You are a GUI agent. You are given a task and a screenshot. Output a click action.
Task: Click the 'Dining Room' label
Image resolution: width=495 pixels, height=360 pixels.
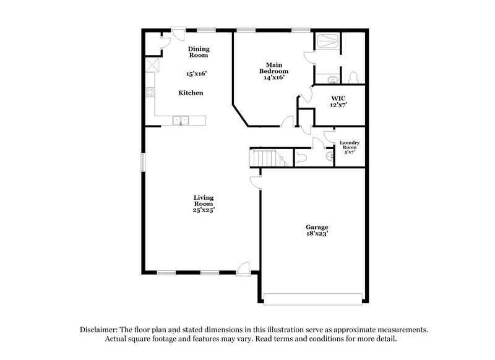click(x=199, y=52)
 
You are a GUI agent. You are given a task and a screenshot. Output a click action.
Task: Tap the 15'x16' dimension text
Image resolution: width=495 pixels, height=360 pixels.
click(x=196, y=74)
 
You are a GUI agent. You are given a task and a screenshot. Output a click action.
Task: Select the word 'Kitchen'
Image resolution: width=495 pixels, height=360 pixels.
click(x=191, y=93)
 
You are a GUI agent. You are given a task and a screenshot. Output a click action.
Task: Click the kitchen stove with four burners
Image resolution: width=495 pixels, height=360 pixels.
click(x=150, y=93)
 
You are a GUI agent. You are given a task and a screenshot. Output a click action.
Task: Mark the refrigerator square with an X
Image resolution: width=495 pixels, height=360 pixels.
click(x=152, y=66)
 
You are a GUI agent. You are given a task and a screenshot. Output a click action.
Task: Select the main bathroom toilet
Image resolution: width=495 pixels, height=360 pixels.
click(x=354, y=77)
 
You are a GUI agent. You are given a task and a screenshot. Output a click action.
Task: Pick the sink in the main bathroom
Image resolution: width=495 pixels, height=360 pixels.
click(x=332, y=79)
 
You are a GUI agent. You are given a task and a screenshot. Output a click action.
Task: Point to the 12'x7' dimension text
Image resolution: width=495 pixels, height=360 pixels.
click(x=338, y=105)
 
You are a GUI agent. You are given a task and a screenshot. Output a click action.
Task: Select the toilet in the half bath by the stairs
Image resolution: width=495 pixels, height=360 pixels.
click(x=303, y=158)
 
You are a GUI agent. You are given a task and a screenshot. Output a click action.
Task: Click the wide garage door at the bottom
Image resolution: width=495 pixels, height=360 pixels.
click(x=312, y=298)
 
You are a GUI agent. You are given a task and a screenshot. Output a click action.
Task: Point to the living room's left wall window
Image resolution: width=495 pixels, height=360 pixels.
click(x=142, y=162)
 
